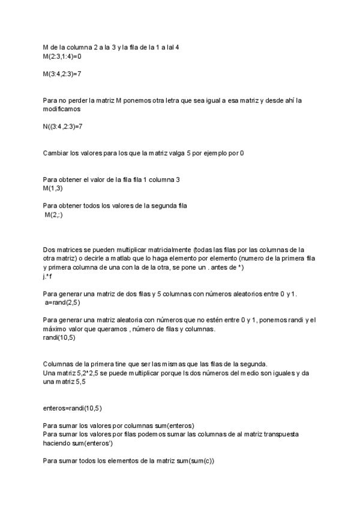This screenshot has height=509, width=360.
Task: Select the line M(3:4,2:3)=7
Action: [62, 74]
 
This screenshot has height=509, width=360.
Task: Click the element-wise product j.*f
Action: [48, 277]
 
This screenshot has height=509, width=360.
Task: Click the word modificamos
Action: [62, 110]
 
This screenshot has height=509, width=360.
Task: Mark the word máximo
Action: [56, 330]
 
